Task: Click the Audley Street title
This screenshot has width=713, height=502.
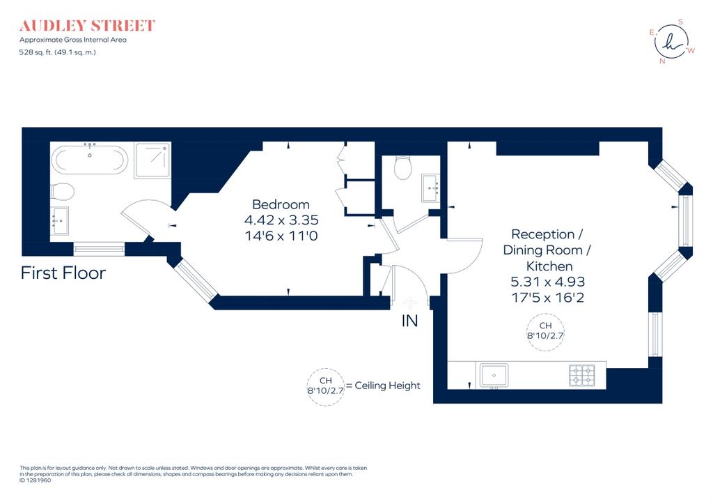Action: pos(87,26)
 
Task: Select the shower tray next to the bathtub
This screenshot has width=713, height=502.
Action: pos(152,160)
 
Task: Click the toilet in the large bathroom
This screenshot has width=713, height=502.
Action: pos(62,191)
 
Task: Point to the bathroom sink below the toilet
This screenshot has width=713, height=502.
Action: pos(60,220)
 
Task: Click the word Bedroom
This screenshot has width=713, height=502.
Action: pos(281,204)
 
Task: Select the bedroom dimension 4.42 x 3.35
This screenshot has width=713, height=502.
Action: pos(281,220)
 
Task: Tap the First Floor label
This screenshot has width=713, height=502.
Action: pos(63,273)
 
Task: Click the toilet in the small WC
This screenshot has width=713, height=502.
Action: pos(403,167)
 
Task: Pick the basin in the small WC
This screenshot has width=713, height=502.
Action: pos(430,188)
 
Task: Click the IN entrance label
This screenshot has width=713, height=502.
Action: pos(409,321)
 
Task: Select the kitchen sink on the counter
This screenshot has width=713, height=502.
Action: pos(494,375)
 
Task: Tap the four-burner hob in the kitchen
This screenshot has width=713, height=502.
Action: pos(582,375)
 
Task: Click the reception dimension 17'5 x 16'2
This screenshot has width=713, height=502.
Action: pos(548,298)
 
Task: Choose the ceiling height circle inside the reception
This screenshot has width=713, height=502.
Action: pos(545,333)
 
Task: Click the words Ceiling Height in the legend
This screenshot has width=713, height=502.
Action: pos(387,386)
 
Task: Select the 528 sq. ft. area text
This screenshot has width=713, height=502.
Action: pos(58,52)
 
